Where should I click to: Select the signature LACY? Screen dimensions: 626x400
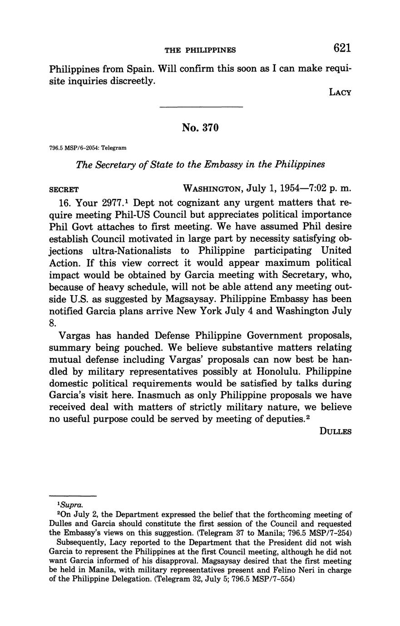(340, 93)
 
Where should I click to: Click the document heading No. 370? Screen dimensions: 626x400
(200, 128)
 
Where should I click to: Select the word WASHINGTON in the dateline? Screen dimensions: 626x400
(211, 189)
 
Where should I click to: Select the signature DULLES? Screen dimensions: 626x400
(336, 431)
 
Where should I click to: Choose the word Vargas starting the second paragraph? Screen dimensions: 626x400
(74, 336)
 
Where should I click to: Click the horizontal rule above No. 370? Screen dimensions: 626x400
(201, 107)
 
